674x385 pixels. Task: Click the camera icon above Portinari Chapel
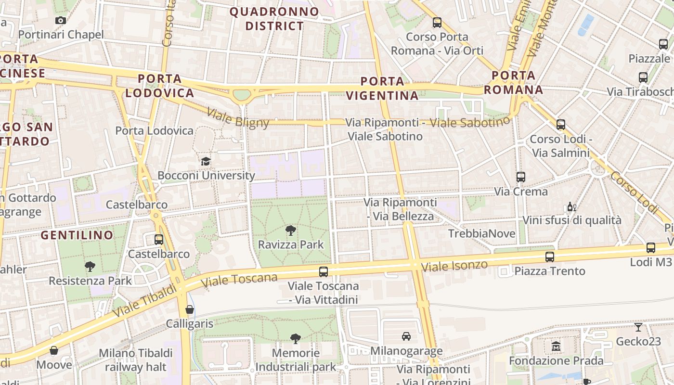pos(61,20)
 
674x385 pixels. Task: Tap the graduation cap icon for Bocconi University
pos(206,161)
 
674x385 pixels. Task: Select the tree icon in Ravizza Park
pos(290,231)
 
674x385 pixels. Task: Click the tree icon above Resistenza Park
pos(90,266)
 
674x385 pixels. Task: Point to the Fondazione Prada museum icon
pos(556,346)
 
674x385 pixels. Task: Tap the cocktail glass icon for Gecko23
pos(638,327)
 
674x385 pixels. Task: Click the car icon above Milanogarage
pos(406,336)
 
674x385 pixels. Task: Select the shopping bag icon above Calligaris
pos(190,309)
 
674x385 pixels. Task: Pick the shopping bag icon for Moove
pos(54,350)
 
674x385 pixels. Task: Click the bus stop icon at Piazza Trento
pos(550,257)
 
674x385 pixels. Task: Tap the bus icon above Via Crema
pos(520,177)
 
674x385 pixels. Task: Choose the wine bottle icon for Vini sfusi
pos(571,207)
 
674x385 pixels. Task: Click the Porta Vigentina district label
pos(382,89)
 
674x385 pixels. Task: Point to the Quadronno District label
pos(274,19)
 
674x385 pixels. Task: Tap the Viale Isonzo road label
pos(454,266)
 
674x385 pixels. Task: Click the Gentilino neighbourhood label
pos(77,235)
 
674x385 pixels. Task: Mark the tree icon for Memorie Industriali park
pos(296,339)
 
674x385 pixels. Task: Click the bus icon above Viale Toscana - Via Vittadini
pos(324,272)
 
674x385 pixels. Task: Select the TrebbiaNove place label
pos(481,234)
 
